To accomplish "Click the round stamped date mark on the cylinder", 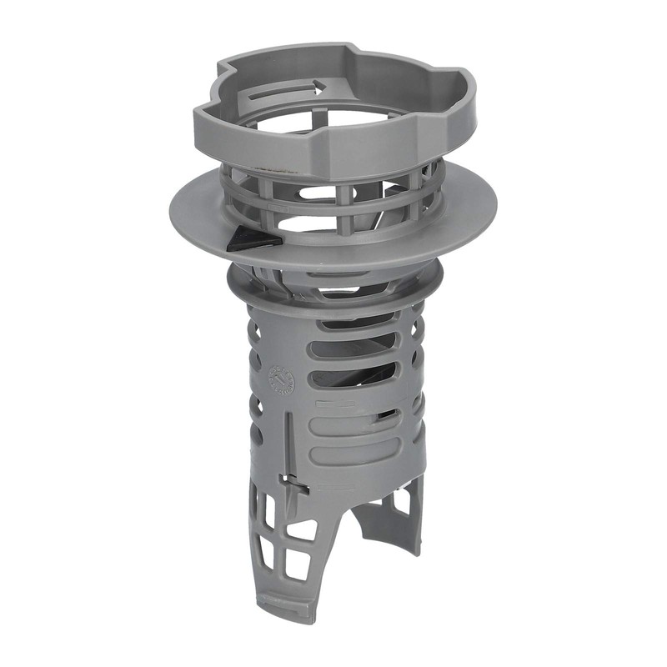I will [280, 380].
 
